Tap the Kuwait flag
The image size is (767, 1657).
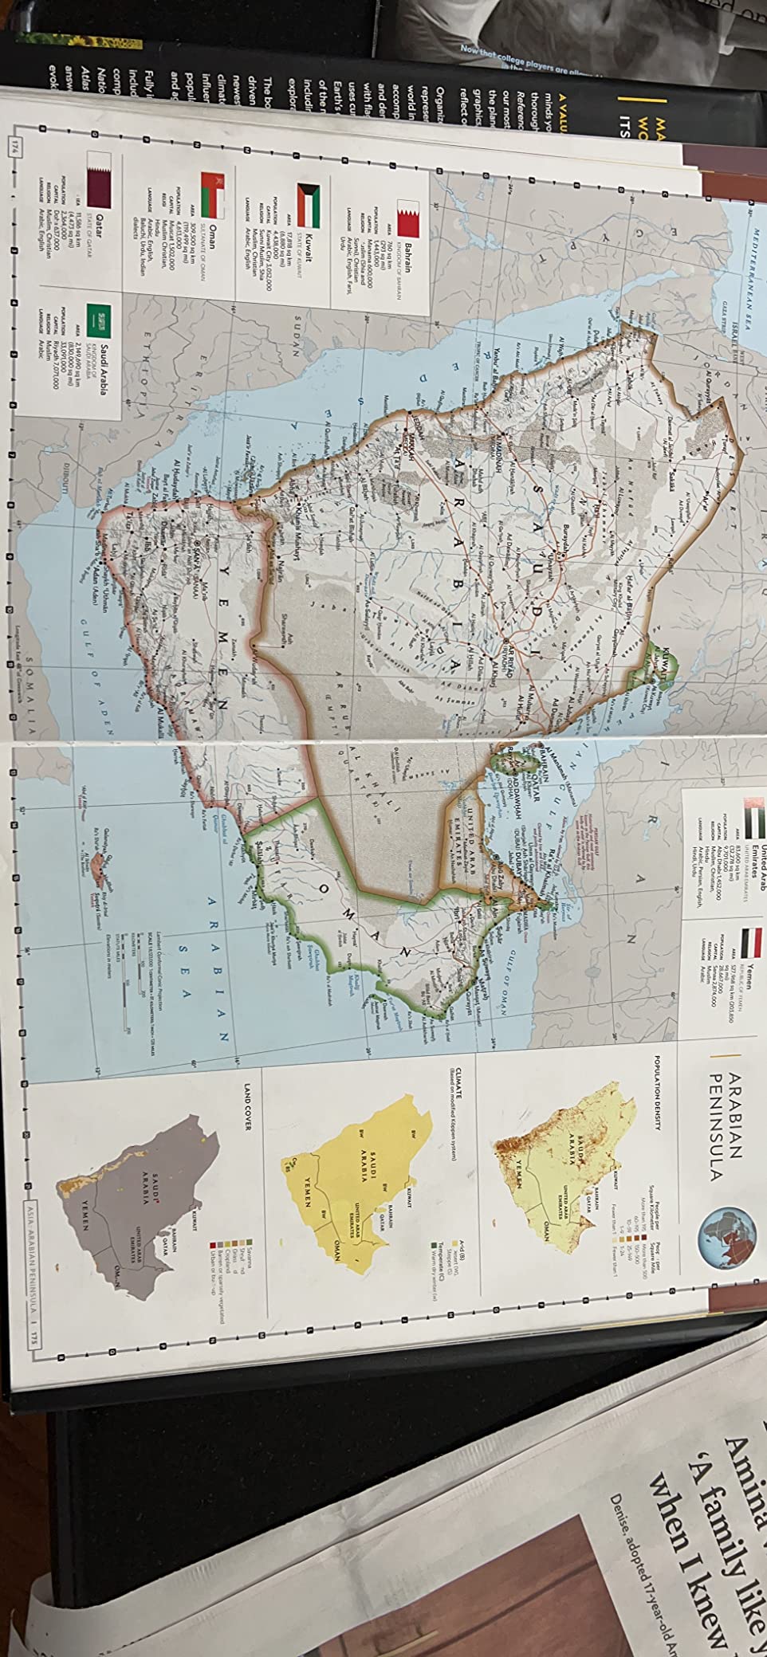click(308, 200)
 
